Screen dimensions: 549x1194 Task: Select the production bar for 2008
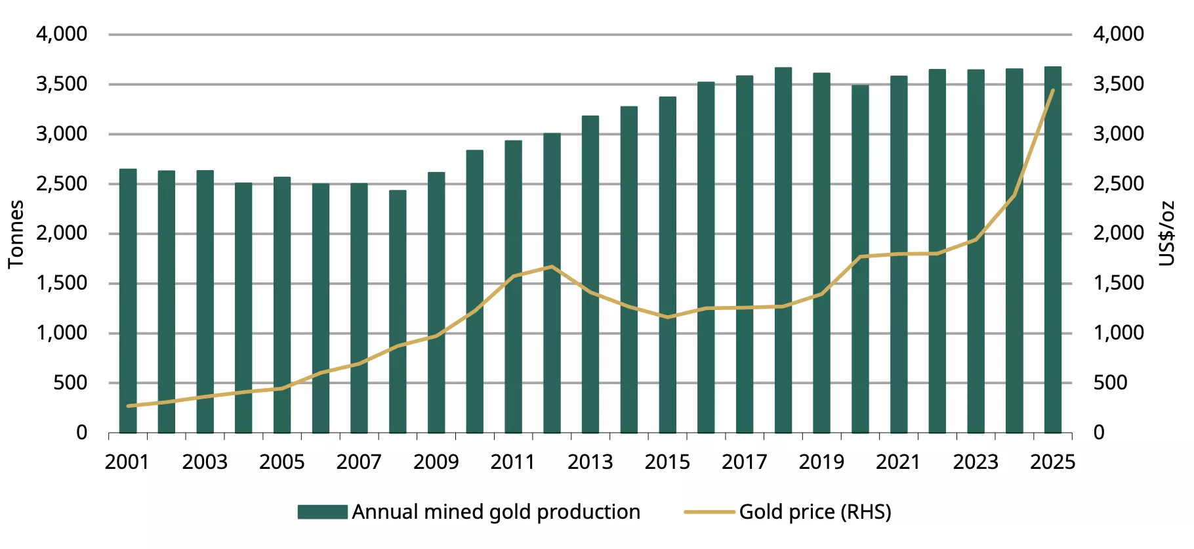click(x=398, y=311)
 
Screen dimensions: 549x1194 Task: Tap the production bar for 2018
click(x=783, y=250)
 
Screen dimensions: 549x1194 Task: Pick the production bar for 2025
click(x=1053, y=250)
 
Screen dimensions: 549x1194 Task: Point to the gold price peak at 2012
click(x=552, y=267)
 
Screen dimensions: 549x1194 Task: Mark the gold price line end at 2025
click(x=1053, y=91)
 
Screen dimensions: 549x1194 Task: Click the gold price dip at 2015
click(x=667, y=317)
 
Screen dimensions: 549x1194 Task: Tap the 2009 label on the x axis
click(x=436, y=462)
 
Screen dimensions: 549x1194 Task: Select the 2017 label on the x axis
click(x=745, y=462)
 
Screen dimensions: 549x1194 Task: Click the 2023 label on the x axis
click(x=976, y=462)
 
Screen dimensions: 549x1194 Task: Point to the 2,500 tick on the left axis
click(x=62, y=183)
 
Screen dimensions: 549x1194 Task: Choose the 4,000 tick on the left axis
click(x=62, y=33)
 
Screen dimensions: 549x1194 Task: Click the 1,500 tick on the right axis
click(x=1118, y=283)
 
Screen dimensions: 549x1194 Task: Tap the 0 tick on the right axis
click(x=1099, y=432)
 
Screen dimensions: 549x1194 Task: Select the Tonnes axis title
click(x=16, y=234)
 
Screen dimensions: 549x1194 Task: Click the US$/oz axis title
click(x=1166, y=234)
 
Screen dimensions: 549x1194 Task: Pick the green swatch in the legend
click(x=322, y=512)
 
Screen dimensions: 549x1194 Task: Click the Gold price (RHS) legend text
click(x=815, y=512)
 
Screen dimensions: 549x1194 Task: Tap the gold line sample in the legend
click(x=709, y=512)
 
